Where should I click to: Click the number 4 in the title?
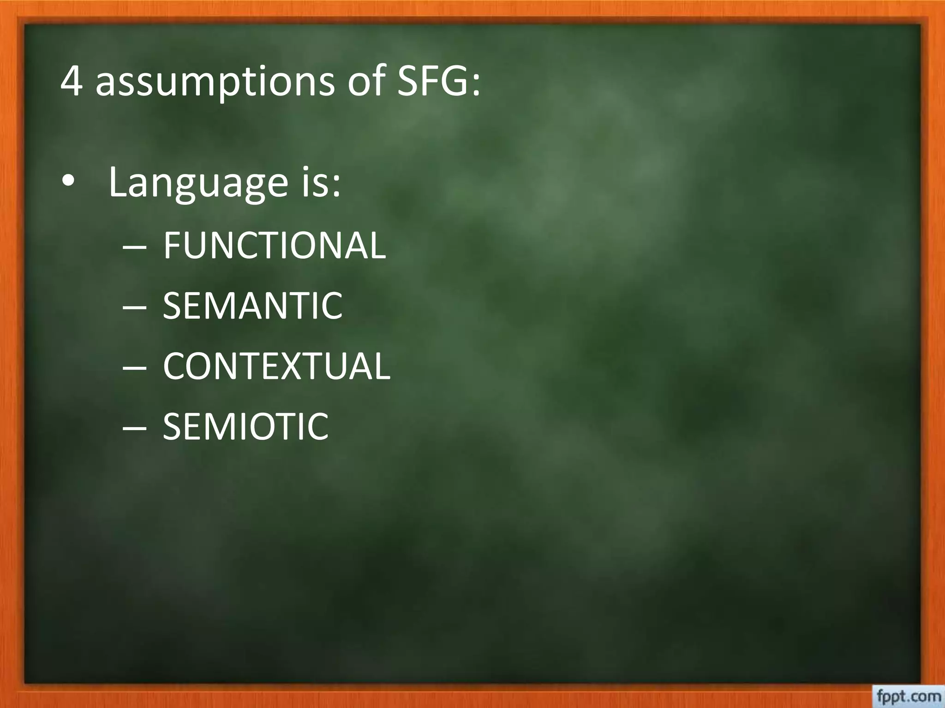(71, 82)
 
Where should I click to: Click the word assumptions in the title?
(215, 83)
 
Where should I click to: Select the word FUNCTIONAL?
(274, 246)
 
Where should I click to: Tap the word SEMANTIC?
(253, 306)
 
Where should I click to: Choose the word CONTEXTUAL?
(276, 366)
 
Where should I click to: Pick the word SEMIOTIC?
(245, 426)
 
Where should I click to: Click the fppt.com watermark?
(907, 696)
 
